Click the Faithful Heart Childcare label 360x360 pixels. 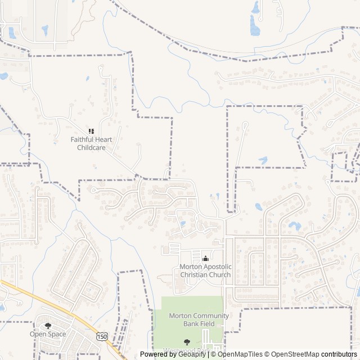[91, 143]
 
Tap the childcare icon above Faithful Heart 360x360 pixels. [91, 131]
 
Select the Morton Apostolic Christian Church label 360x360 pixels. [205, 271]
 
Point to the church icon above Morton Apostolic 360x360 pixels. [205, 258]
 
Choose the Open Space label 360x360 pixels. [48, 334]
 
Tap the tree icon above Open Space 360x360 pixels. [48, 325]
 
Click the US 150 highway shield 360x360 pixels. [102, 336]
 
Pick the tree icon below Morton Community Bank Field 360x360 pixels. [187, 341]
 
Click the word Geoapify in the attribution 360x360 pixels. [191, 354]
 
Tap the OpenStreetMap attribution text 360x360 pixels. [295, 354]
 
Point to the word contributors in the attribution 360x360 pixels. [340, 354]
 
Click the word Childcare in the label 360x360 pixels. [91, 148]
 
